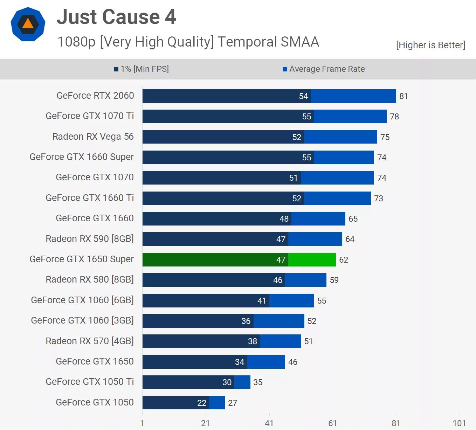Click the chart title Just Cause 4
[116, 17]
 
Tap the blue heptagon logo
[28, 24]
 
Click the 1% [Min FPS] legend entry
[141, 69]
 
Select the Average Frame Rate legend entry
[324, 69]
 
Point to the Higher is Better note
[430, 45]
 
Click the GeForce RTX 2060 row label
[95, 96]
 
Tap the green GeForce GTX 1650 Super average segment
[312, 259]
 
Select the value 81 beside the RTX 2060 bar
[403, 96]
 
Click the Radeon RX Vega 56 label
[93, 137]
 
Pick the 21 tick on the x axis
[206, 423]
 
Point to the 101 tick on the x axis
[459, 423]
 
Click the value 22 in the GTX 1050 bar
[202, 403]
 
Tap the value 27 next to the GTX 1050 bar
[233, 403]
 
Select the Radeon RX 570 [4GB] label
[90, 341]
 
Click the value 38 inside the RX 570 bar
[253, 341]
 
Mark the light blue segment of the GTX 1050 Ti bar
[242, 382]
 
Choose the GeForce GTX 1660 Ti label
[90, 198]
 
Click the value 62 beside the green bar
[344, 260]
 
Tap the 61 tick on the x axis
[332, 423]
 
